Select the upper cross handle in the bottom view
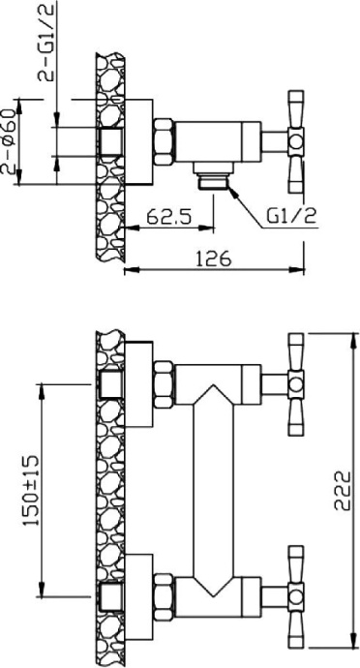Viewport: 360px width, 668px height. [x=292, y=379]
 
